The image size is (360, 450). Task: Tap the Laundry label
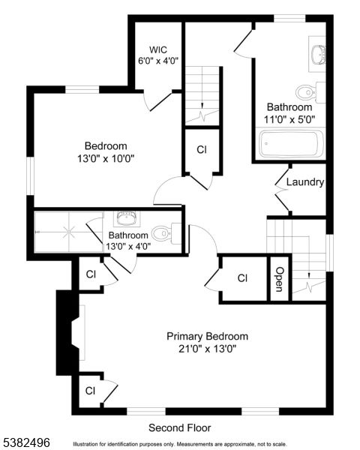click(305, 181)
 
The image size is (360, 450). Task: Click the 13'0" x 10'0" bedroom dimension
click(105, 158)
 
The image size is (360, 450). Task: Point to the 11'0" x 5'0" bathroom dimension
click(289, 118)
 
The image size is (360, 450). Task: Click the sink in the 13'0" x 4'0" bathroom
click(124, 218)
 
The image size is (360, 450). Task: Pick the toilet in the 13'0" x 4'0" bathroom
click(164, 230)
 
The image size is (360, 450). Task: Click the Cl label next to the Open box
click(242, 278)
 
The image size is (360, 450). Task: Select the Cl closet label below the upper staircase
click(202, 149)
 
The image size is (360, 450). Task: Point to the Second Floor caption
click(179, 427)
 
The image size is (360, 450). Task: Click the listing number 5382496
click(26, 442)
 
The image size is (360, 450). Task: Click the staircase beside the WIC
click(204, 95)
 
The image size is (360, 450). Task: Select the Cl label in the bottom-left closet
click(90, 391)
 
